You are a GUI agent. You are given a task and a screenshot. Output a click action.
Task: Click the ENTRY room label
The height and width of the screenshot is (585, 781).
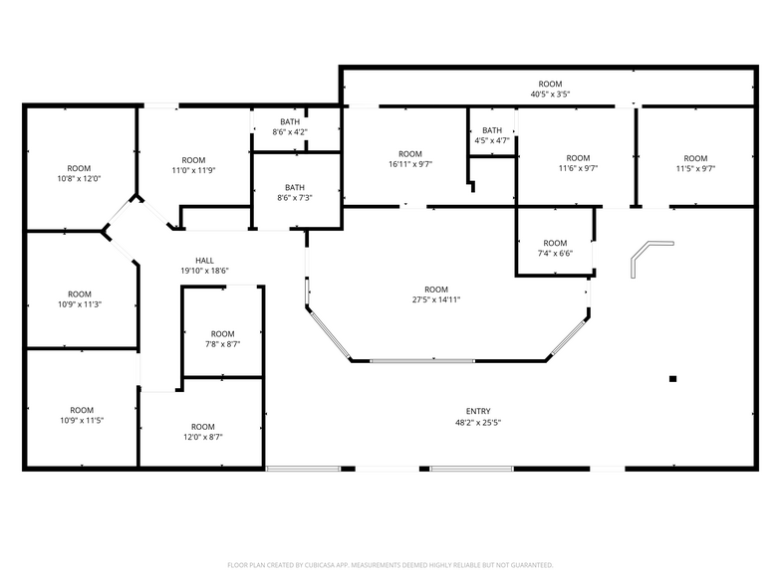click(x=478, y=411)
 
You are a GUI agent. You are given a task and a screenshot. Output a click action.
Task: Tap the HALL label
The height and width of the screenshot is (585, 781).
click(x=204, y=261)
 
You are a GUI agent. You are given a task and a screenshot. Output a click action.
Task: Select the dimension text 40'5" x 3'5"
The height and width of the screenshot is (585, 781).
click(x=550, y=95)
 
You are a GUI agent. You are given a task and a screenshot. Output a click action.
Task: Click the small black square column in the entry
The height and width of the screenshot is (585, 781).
click(x=673, y=378)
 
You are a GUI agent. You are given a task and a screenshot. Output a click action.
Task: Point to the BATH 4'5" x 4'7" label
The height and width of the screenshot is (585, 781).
click(x=492, y=135)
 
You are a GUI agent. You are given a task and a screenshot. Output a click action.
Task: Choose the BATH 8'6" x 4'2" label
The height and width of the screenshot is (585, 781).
click(x=290, y=126)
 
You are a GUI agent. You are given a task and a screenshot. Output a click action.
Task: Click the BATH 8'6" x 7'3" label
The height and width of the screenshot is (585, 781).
click(x=295, y=193)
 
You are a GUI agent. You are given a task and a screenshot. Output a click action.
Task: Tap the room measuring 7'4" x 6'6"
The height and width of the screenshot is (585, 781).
click(x=555, y=249)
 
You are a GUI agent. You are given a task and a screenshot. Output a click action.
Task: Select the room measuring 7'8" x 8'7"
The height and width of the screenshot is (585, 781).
click(x=222, y=339)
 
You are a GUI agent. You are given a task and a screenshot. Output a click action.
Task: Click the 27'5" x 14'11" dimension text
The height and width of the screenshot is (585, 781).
click(x=436, y=299)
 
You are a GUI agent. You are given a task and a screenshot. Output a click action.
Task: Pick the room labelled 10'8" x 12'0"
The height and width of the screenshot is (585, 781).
click(x=79, y=173)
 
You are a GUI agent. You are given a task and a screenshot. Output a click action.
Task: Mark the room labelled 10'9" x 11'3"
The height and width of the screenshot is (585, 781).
click(x=80, y=299)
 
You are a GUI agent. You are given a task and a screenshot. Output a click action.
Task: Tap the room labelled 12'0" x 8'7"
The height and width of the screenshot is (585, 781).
click(x=202, y=432)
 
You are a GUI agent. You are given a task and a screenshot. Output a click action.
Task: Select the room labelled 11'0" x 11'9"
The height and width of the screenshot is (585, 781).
click(x=193, y=165)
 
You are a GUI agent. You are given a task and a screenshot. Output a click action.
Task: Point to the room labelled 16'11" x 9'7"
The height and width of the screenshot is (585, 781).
click(x=410, y=159)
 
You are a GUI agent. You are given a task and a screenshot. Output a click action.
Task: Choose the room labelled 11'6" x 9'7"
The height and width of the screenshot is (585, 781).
click(x=578, y=163)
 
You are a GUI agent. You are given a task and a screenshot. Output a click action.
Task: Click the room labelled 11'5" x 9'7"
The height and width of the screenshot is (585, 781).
click(x=695, y=163)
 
